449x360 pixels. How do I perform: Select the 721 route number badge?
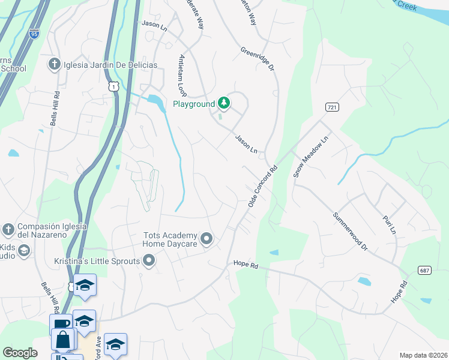[331, 107]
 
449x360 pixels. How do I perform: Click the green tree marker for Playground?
[224, 104]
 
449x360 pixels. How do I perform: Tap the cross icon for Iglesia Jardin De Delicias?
[54, 65]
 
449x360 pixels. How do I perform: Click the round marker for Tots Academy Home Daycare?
[207, 239]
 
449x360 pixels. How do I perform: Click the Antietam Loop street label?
[181, 76]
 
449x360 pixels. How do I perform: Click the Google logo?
[20, 353]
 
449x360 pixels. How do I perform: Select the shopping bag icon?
[62, 341]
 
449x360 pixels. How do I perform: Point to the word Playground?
[193, 104]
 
